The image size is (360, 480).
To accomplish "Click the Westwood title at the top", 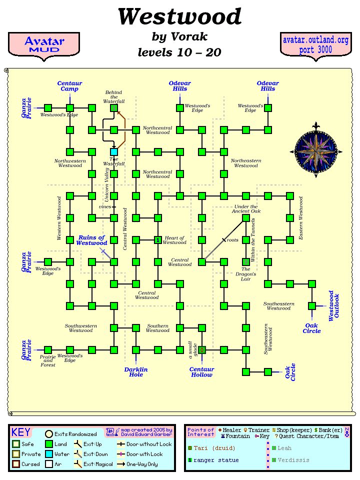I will (x=179, y=17).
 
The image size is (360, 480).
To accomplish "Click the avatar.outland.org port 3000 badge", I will (x=315, y=45).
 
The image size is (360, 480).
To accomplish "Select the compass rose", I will (x=315, y=149).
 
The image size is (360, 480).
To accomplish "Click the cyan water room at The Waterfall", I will (x=114, y=151).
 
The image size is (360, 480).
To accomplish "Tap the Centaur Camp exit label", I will (x=69, y=86).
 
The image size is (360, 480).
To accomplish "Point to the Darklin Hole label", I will (x=136, y=371).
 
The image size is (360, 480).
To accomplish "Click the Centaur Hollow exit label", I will (x=202, y=371).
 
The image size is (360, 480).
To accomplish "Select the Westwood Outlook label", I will (x=333, y=305).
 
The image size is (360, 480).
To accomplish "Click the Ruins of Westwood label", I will (x=91, y=240).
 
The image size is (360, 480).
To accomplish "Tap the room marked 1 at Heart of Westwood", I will (x=158, y=240).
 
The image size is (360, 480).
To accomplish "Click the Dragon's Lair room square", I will (x=246, y=261).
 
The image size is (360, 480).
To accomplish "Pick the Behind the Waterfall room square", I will (x=114, y=107).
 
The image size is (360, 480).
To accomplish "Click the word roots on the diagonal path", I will (x=232, y=240).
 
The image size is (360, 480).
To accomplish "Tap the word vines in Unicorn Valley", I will (x=104, y=206).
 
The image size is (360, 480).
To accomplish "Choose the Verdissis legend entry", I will (x=290, y=460).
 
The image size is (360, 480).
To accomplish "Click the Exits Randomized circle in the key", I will (x=49, y=434).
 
